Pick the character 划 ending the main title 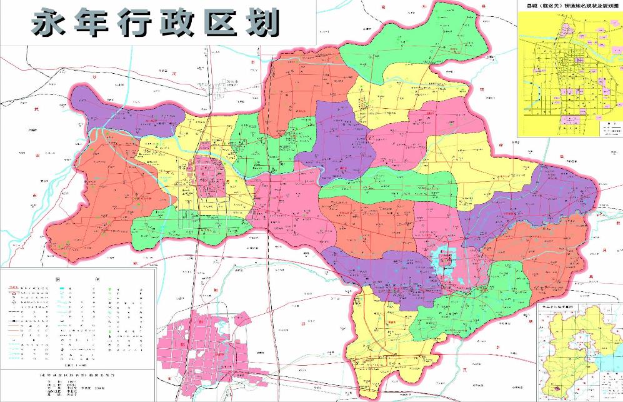coord(262,24)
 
